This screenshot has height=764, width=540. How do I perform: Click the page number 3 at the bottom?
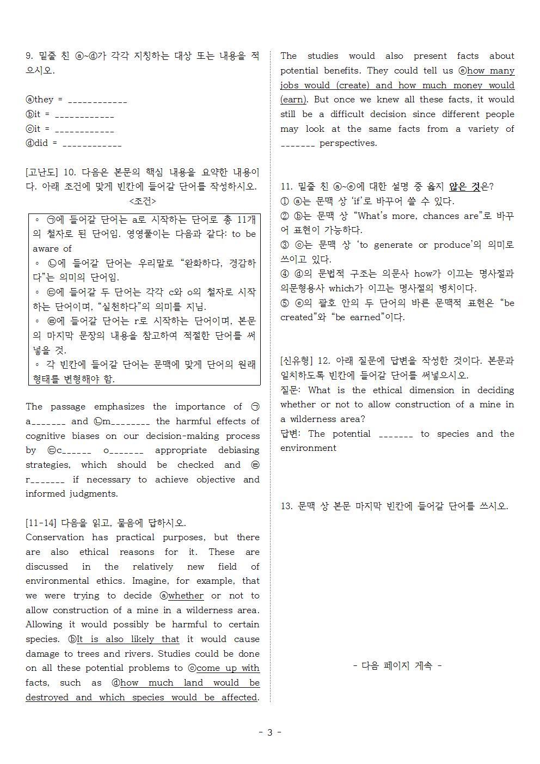(269, 732)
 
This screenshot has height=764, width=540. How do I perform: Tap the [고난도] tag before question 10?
(41, 172)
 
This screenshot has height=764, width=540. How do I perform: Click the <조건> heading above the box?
(143, 201)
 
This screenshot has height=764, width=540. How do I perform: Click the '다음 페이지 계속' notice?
(397, 665)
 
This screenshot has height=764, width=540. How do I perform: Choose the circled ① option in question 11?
(285, 201)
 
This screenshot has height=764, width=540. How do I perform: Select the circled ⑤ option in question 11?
(285, 303)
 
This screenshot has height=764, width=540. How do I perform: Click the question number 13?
(286, 506)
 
